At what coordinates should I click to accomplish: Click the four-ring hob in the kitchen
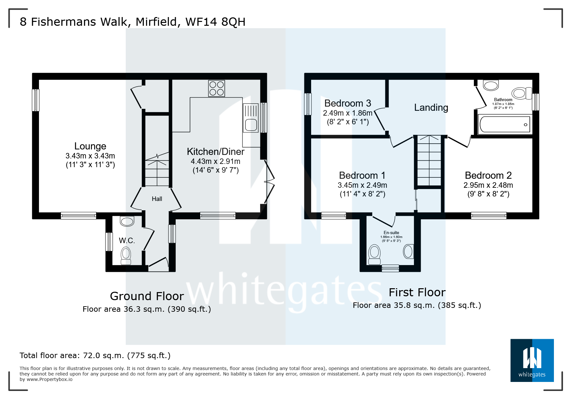click(216, 88)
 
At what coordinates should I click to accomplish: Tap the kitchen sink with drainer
click(251, 118)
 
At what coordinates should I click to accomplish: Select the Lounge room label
click(90, 146)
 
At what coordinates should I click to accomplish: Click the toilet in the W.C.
click(126, 256)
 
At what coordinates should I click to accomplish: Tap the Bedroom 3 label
click(348, 103)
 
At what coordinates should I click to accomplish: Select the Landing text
click(431, 108)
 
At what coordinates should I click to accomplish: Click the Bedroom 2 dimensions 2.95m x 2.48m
click(488, 185)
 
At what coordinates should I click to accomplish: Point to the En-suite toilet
click(374, 254)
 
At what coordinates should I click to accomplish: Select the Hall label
click(157, 199)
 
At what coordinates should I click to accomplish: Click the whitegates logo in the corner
click(532, 360)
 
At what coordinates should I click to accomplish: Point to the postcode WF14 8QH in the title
click(215, 22)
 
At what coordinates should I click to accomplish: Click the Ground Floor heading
click(147, 296)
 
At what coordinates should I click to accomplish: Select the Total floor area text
click(95, 356)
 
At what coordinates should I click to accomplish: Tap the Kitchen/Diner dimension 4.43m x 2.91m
click(215, 161)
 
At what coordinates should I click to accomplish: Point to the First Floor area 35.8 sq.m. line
click(417, 305)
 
